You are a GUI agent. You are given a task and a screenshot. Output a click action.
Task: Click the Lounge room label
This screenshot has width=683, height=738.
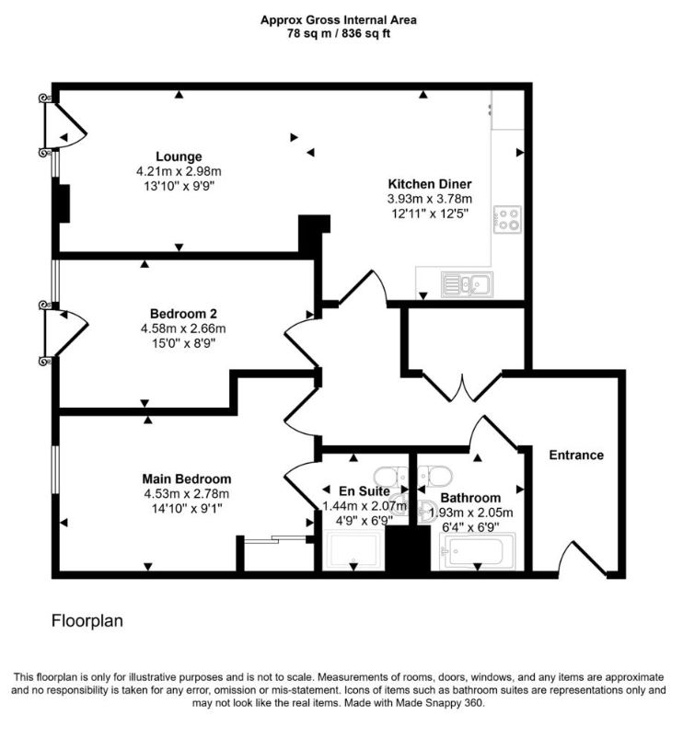179,156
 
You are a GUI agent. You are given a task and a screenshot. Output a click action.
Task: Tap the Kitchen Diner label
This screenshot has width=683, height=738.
430,183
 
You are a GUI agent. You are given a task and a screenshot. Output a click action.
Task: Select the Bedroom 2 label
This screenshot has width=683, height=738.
183,314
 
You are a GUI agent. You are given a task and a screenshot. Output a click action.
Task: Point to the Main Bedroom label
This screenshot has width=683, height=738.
187,479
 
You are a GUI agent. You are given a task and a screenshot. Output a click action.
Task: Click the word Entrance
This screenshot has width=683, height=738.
576,455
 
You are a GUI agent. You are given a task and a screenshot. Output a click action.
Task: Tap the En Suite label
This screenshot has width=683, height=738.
365,491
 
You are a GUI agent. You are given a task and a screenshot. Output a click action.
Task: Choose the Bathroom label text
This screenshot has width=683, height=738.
470,498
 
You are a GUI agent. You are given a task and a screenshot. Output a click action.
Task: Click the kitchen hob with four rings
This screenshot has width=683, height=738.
508,219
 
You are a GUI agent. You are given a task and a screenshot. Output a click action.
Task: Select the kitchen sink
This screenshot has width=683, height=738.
468,284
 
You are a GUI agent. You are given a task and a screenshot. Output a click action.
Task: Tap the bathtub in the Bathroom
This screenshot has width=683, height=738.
478,551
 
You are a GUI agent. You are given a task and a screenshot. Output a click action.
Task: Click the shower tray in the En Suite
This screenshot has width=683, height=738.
354,551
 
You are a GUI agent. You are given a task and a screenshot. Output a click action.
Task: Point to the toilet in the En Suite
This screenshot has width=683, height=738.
390,476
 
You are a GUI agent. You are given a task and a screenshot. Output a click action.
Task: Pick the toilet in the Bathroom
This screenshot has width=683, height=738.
435,476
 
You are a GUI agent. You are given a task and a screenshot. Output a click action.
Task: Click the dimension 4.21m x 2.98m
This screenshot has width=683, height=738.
179,171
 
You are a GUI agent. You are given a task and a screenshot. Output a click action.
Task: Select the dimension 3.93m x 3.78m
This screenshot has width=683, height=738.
430,199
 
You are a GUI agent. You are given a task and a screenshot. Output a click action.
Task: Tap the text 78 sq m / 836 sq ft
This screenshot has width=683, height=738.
339,34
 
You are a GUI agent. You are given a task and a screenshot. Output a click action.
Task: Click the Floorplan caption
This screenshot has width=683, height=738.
87,621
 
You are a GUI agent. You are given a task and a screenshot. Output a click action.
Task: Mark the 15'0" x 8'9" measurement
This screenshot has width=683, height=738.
183,343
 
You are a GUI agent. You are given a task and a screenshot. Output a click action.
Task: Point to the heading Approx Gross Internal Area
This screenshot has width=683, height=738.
339,20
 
